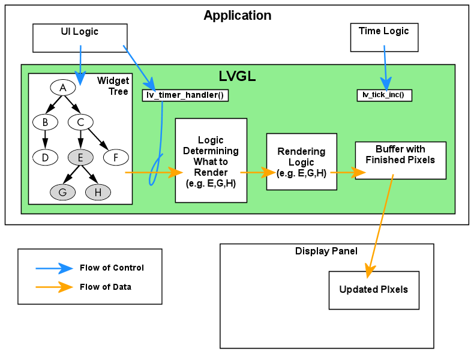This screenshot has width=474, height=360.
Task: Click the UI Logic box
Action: [79, 38]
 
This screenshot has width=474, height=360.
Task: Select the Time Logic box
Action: [384, 37]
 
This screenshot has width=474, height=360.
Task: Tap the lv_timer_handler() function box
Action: [185, 95]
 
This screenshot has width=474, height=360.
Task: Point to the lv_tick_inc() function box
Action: [384, 95]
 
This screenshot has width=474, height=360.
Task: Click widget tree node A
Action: [62, 88]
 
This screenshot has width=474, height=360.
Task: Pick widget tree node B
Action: [45, 122]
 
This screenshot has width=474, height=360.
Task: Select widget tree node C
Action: [80, 122]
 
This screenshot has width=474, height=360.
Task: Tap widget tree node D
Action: [45, 158]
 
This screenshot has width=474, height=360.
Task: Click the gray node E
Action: [80, 158]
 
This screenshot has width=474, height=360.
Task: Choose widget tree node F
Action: [116, 158]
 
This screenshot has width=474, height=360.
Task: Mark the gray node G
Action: [62, 193]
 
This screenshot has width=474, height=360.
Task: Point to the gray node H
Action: [98, 193]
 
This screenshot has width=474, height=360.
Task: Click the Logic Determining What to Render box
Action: [211, 160]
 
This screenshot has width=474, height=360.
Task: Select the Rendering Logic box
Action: [301, 162]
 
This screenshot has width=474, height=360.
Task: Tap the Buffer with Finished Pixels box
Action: [400, 160]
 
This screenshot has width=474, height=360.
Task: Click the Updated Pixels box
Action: [374, 290]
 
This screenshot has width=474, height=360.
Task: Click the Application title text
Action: [237, 16]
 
